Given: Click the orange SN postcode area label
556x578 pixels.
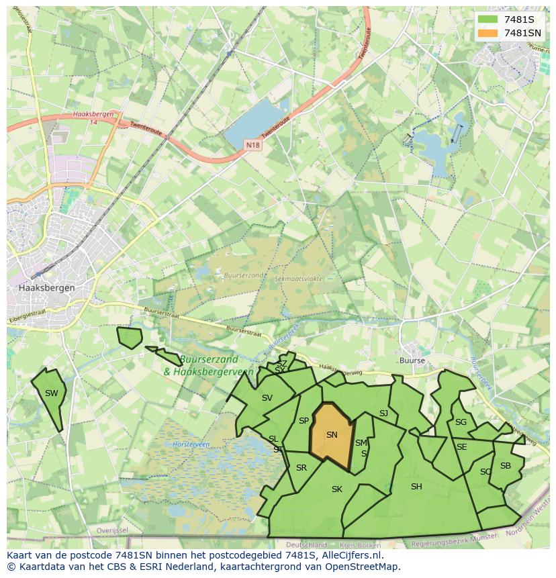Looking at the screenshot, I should [x=332, y=435].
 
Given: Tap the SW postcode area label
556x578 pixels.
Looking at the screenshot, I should [x=51, y=393].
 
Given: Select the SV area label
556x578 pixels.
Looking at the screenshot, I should [x=267, y=398].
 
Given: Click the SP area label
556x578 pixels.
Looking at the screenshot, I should [x=304, y=421].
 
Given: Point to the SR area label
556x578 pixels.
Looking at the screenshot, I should [x=302, y=468].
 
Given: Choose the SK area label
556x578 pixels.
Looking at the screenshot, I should [x=337, y=489].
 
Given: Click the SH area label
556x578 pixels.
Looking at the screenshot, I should [x=416, y=487].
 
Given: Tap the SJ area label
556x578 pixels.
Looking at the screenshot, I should [x=383, y=414].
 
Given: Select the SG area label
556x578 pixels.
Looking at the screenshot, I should [x=461, y=422].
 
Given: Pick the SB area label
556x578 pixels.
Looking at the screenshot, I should [x=506, y=466].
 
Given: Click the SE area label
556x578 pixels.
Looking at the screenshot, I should [x=461, y=447].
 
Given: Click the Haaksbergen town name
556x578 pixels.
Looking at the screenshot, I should [x=47, y=287].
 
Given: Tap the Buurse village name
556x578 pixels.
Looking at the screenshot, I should [x=412, y=360].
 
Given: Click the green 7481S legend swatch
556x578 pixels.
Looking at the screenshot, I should [x=487, y=19].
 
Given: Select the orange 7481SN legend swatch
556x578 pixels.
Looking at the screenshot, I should [x=487, y=33].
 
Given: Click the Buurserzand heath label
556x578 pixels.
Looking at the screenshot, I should [x=242, y=275].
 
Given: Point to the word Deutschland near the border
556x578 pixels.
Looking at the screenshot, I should [x=306, y=545].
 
